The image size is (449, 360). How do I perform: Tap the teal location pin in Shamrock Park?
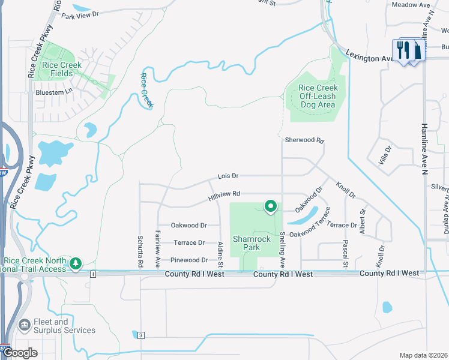point(270,206)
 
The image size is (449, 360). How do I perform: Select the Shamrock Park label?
point(253,242)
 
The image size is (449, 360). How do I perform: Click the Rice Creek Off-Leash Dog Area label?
point(318,96)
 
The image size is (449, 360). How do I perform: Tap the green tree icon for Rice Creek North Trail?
point(76,263)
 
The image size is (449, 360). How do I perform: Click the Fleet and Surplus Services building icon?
point(25,326)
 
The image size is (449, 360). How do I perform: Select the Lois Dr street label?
point(228,176)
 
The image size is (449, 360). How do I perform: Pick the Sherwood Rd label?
point(304,140)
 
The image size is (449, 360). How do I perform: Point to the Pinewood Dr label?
point(189,260)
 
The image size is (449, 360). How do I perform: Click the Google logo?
point(20,353)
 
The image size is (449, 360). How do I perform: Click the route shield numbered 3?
point(140,334)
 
